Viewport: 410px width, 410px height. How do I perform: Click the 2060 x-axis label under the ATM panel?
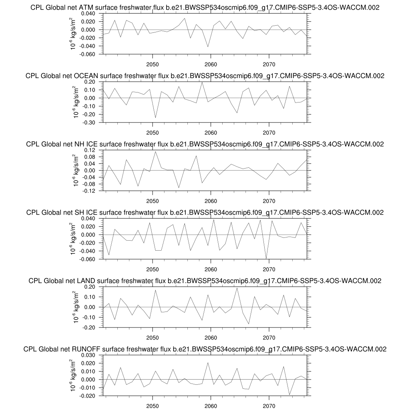tap(211, 64)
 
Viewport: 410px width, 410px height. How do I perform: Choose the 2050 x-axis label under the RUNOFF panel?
tap(153, 406)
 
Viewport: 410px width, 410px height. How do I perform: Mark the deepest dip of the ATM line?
tap(208, 47)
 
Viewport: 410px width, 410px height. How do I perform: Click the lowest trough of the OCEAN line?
tap(155, 118)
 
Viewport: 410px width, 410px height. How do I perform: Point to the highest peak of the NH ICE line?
tap(155, 151)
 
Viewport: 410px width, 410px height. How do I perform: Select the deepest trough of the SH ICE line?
tap(266, 259)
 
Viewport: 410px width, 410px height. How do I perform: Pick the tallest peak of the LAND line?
tap(237, 288)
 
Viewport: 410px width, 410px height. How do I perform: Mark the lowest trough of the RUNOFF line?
tap(289, 395)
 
